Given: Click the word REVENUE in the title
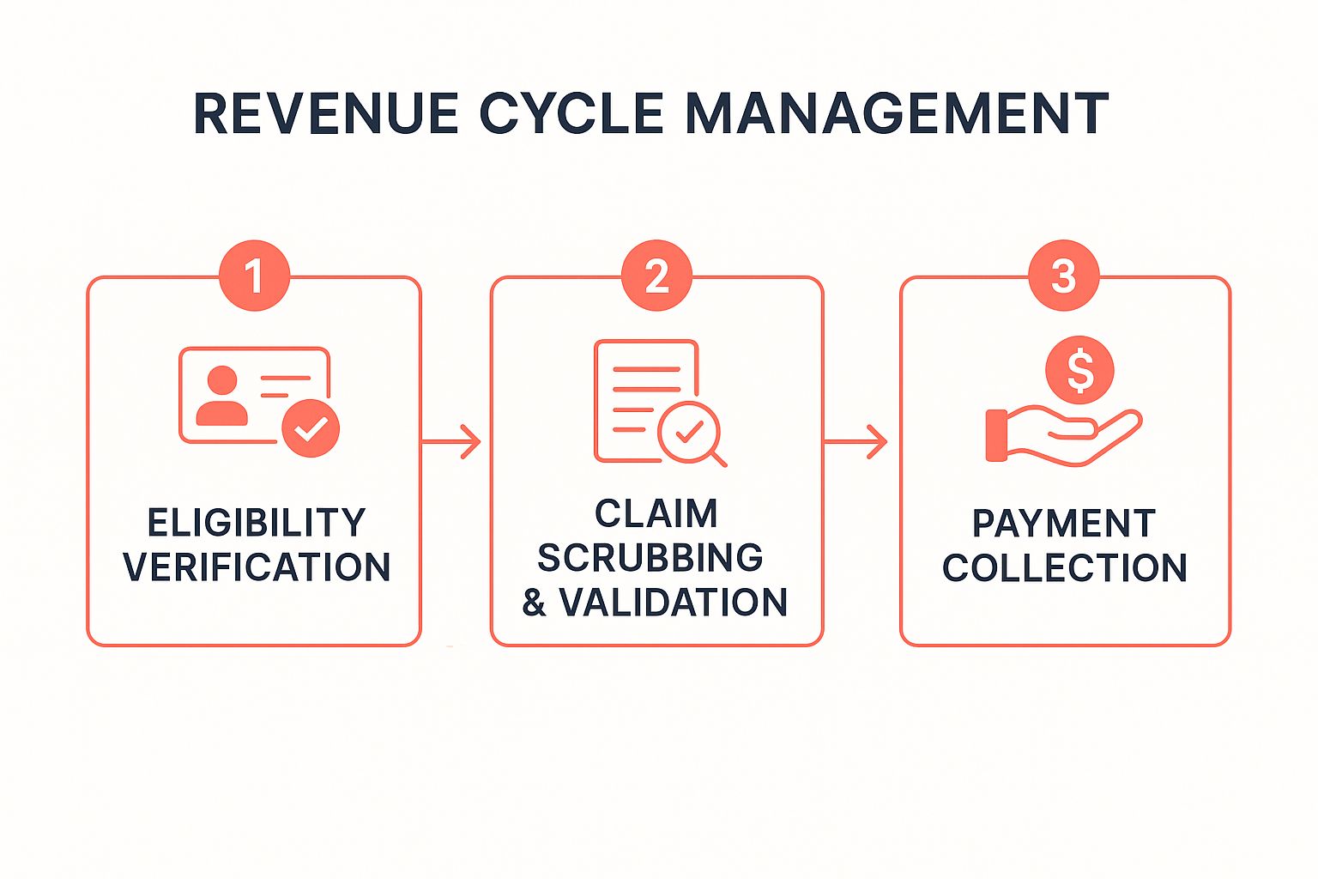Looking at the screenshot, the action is pos(325,113).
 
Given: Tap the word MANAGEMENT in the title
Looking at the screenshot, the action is pos(897,113).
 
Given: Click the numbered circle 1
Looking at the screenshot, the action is pos(254,276).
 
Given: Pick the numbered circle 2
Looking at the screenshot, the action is pos(656,276).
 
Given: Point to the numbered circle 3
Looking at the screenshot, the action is pos(1064,276).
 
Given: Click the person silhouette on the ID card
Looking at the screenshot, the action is pos(222,395).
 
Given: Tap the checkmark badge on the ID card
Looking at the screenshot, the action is pos(311,428).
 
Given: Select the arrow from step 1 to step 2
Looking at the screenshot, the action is pos(451,441).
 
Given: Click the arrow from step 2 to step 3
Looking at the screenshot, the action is pos(855,441).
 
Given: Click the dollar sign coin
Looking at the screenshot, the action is pos(1079,370).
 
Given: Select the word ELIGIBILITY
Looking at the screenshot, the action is pos(257,522).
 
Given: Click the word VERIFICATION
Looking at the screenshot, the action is pos(257,567).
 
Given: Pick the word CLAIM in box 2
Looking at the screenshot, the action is pos(656,513).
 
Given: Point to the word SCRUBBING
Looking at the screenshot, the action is pos(650,558).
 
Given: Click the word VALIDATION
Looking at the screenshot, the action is pos(673,603).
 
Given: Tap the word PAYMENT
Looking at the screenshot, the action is pos(1064,523).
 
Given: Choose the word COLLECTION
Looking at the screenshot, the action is pos(1064,567).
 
